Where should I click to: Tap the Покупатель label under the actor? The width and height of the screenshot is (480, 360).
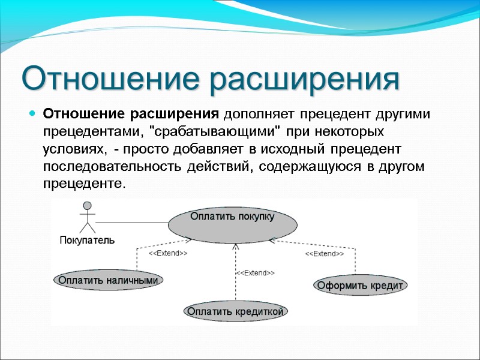tap(87, 240)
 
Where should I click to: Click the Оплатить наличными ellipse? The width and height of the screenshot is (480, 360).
tap(109, 280)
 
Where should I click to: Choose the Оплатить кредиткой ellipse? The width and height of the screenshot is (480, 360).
tap(235, 311)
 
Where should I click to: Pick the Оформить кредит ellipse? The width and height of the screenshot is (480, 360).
tap(360, 285)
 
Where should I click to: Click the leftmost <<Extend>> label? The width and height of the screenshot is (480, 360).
tap(168, 254)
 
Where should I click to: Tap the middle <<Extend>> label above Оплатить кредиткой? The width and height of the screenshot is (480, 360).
tap(255, 273)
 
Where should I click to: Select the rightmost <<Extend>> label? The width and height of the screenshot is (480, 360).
tap(325, 254)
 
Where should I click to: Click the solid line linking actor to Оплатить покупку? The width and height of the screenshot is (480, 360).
tap(132, 222)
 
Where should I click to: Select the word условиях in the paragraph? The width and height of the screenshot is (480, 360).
tap(70, 148)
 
